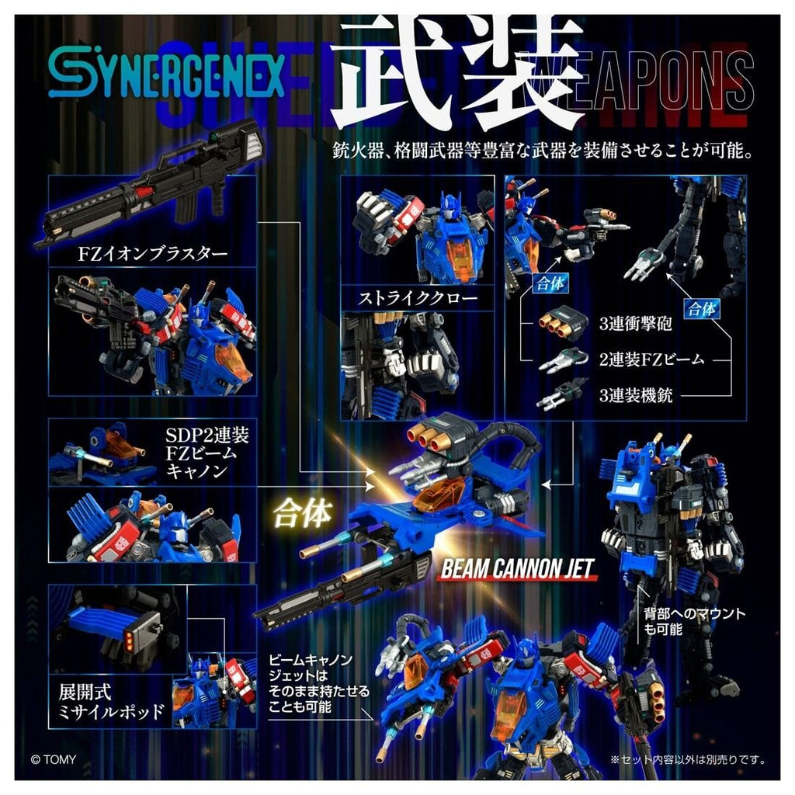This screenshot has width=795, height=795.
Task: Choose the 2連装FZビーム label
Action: pyautogui.click(x=652, y=360)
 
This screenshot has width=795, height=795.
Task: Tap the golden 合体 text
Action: pyautogui.click(x=303, y=514)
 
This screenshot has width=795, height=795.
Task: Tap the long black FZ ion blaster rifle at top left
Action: pyautogui.click(x=148, y=182)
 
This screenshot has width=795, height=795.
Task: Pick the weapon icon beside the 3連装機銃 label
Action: pyautogui.click(x=559, y=394)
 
